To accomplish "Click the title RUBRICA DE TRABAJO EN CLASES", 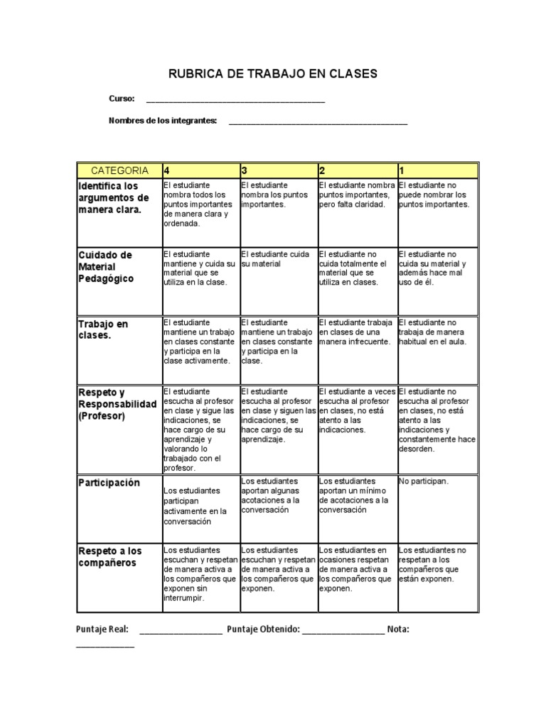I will tap(272, 73).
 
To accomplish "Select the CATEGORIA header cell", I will tap(119, 170).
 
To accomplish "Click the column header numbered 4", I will tap(200, 170).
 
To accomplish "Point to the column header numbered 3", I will tap(278, 170).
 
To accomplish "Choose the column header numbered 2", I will tap(356, 170).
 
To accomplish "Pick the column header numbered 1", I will tap(437, 170).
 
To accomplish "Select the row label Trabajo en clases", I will tap(103, 329).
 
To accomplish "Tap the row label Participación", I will tap(109, 483).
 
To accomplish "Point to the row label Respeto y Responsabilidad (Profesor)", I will tap(117, 403).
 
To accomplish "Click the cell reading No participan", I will tap(424, 481).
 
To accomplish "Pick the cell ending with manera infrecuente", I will tap(356, 332).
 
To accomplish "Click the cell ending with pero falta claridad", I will tap(356, 195).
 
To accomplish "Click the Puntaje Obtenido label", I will tap(263, 629).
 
